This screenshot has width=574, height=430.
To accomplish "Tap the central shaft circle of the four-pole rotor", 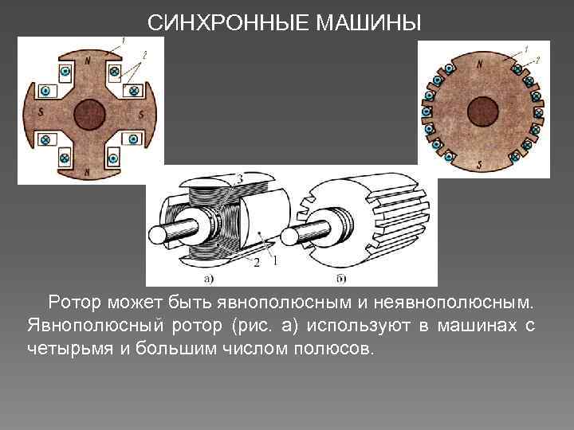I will [90, 114].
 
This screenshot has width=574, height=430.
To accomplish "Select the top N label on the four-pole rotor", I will [88, 61].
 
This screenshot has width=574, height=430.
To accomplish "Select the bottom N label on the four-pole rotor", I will [86, 170].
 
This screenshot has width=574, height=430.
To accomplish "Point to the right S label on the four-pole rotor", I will [142, 115].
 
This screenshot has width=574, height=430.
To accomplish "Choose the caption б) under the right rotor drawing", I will [340, 279].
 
